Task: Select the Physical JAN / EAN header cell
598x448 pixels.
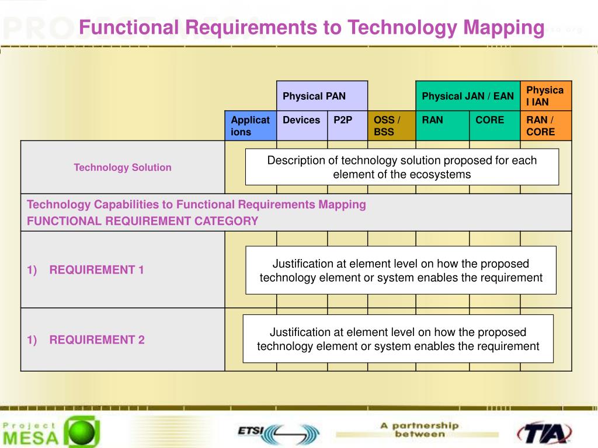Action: coord(468,96)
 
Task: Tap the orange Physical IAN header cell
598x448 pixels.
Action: coord(545,96)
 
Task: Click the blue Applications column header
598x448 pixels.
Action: coord(251,125)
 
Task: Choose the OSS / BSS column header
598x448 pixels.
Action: coord(391,125)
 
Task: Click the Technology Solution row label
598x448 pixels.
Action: coord(123,167)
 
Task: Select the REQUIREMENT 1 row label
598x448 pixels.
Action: coord(96,269)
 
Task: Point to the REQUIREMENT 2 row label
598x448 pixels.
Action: coord(97,339)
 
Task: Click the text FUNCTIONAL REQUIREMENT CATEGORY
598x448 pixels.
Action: coord(142,221)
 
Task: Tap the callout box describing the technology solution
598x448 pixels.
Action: coord(402,167)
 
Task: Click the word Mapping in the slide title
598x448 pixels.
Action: coord(504,27)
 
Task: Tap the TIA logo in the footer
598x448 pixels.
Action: coord(544,433)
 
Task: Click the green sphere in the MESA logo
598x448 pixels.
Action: coord(82,432)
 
